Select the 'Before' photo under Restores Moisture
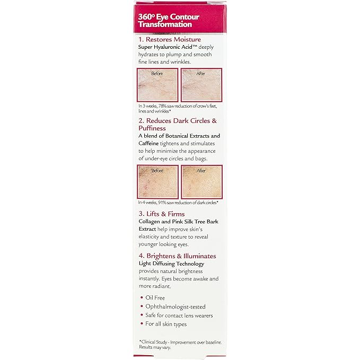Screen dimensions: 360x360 point(157,85)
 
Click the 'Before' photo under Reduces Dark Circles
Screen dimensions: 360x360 point(157,181)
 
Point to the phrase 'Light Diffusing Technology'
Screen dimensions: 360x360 point(171,264)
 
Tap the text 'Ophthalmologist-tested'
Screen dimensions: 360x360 point(175,306)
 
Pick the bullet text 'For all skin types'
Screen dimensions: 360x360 point(166,324)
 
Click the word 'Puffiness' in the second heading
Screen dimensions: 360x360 point(154,128)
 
